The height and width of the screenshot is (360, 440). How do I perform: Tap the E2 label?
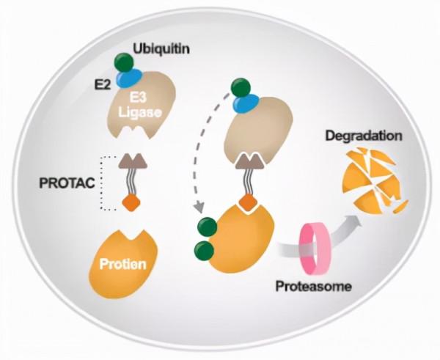103,83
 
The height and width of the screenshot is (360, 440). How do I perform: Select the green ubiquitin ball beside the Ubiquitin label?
120,62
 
